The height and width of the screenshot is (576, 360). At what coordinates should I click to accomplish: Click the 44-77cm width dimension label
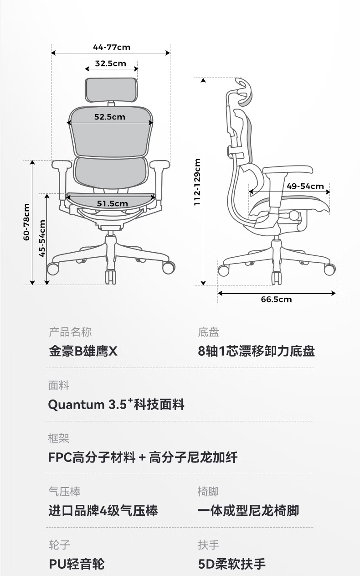pyautogui.click(x=111, y=47)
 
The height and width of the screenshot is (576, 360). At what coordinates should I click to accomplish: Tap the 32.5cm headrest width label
pyautogui.click(x=111, y=63)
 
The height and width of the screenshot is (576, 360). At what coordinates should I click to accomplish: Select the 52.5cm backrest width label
pyautogui.click(x=110, y=117)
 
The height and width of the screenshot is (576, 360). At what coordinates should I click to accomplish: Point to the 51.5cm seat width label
pyautogui.click(x=112, y=203)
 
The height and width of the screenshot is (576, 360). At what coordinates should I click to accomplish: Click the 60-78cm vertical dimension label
pyautogui.click(x=26, y=222)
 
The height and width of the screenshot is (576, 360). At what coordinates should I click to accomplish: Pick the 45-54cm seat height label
pyautogui.click(x=42, y=239)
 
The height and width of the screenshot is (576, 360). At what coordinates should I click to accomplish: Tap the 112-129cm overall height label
pyautogui.click(x=197, y=182)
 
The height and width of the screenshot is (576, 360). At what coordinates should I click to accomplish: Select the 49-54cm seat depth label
pyautogui.click(x=305, y=186)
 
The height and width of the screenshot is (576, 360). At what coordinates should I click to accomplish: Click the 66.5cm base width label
pyautogui.click(x=276, y=299)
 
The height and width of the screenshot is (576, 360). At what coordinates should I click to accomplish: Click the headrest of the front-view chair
pyautogui.click(x=111, y=90)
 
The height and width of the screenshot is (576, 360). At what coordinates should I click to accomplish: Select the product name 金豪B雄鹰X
pyautogui.click(x=83, y=352)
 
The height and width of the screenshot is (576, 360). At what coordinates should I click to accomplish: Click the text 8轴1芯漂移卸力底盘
pyautogui.click(x=256, y=352)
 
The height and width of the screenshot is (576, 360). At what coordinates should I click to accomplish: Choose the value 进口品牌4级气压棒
pyautogui.click(x=103, y=510)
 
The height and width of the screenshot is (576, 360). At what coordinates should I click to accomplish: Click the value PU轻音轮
pyautogui.click(x=77, y=564)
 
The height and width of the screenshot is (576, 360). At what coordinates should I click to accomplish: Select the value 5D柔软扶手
pyautogui.click(x=231, y=564)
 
